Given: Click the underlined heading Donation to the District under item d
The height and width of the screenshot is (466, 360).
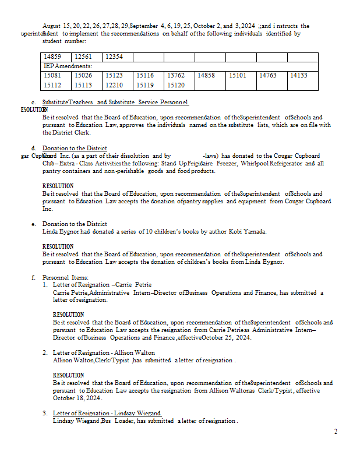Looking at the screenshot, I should click(75, 149).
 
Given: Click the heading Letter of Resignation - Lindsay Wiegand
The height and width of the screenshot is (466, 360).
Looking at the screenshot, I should click(107, 413).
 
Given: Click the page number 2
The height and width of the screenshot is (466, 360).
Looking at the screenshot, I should click(336, 432).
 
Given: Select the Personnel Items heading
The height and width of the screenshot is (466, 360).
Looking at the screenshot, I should click(65, 277).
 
